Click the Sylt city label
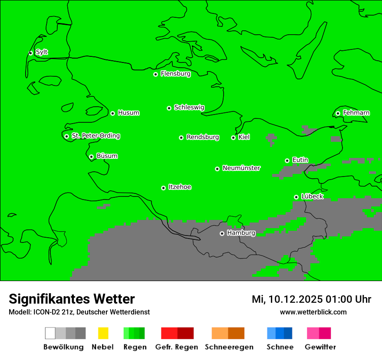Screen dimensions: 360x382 tap(42, 52)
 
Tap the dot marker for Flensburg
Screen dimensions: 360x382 tap(155, 74)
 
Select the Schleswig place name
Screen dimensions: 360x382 tap(189, 107)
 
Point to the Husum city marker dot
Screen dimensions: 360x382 tap(112, 113)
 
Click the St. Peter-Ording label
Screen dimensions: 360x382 tap(95, 136)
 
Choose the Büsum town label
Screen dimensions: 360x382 tap(107, 156)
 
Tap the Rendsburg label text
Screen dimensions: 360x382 tap(203, 137)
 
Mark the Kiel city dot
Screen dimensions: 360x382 tap(233, 137)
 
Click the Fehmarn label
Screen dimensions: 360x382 tap(356, 113)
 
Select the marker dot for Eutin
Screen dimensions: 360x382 tap(287, 160)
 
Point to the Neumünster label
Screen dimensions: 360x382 tap(241, 168)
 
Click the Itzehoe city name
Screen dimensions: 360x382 tap(180, 187)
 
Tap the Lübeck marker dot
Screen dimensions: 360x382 tap(296, 197)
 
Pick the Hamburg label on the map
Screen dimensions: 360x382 tap(241, 233)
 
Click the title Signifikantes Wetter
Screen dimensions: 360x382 tap(72, 299)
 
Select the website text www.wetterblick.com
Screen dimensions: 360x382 tap(313, 312)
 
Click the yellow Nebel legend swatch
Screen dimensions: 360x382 tap(103, 333)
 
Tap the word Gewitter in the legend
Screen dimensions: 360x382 tap(320, 347)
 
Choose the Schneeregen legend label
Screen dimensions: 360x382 tap(229, 347)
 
